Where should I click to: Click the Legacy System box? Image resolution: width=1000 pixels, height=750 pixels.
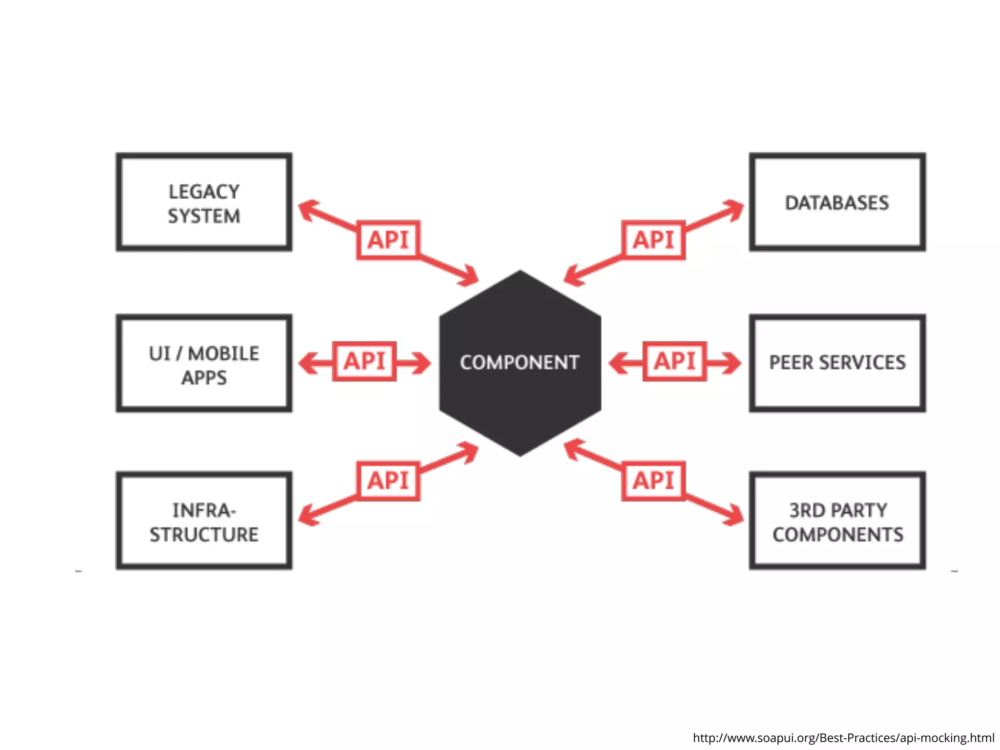point(204,202)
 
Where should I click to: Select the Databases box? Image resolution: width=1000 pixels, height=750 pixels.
point(837,202)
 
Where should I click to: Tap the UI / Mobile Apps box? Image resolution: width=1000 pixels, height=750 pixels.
point(204,364)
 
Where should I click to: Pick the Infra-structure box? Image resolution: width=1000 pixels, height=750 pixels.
point(204,521)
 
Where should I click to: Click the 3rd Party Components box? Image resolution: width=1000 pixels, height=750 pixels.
point(837,521)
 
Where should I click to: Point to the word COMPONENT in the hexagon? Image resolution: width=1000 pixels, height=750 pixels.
point(520,363)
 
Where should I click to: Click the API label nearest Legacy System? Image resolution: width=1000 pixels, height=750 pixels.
point(388,240)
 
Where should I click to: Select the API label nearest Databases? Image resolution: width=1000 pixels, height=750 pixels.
point(653,240)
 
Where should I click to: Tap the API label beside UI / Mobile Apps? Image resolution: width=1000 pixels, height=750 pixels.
point(364,361)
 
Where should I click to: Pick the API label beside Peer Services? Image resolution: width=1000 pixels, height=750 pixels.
point(675,361)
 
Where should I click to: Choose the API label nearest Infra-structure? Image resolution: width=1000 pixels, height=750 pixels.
point(388,481)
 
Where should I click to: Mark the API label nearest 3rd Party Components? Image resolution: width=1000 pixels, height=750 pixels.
point(653,481)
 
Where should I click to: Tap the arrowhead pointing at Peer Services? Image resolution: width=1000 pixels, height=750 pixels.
point(732,363)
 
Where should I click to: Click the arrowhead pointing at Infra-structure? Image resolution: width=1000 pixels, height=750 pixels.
point(308,516)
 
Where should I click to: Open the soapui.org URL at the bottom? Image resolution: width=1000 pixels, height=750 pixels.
point(843,738)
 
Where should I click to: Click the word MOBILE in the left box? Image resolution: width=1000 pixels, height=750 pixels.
point(224,354)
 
